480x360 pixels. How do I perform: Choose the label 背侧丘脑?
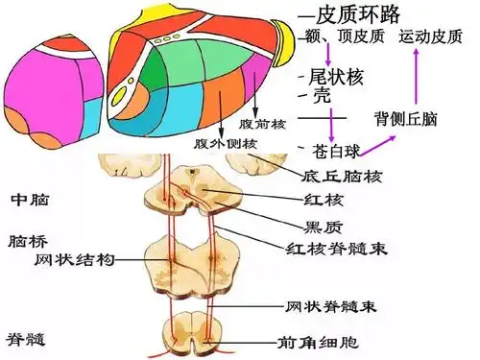[405, 119]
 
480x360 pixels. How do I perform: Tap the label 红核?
[319, 200]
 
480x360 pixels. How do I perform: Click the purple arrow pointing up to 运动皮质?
[416, 77]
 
